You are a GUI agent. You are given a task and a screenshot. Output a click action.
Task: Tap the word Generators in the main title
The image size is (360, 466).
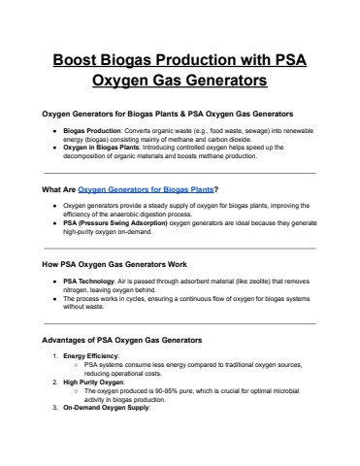(213, 79)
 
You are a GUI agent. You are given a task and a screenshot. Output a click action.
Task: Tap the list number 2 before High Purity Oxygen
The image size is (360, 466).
(52, 383)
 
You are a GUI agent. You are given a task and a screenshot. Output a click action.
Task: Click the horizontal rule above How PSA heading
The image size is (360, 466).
(180, 247)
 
